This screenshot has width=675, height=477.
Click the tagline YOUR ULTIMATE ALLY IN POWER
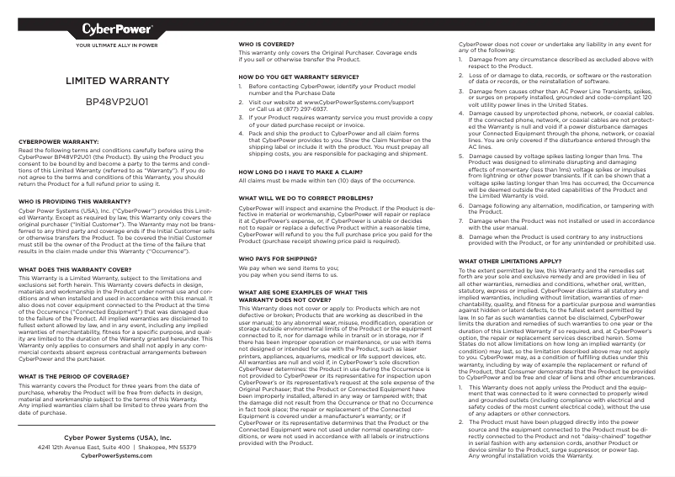click(x=117, y=45)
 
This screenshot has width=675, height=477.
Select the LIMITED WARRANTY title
click(x=117, y=83)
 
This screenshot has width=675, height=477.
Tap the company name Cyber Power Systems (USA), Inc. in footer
click(x=117, y=438)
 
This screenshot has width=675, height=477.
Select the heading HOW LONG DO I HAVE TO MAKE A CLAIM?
click(x=304, y=171)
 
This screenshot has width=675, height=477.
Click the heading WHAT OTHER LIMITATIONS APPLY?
click(x=509, y=261)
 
